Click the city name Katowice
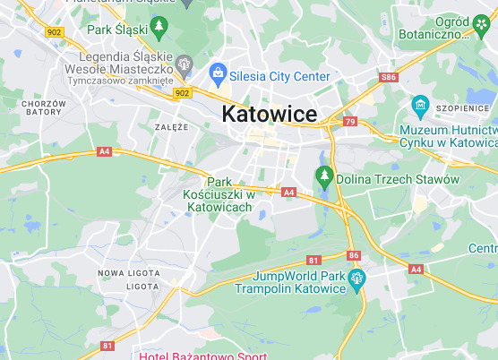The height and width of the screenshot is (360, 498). click(269, 115)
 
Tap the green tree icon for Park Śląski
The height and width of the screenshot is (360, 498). click(159, 29)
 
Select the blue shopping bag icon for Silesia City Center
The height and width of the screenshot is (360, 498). click(217, 73)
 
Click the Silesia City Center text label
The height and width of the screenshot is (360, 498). click(279, 77)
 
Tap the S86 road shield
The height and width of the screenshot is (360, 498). click(388, 79)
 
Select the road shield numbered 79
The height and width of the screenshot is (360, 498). click(349, 121)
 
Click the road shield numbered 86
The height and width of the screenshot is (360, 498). click(354, 255)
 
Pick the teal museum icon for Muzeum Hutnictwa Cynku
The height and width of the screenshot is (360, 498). click(419, 107)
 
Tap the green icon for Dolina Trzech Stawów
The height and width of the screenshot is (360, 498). click(324, 174)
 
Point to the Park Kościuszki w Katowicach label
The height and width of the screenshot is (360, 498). click(219, 193)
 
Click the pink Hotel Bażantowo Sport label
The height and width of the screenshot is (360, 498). click(202, 355)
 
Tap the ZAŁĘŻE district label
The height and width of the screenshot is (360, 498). click(171, 127)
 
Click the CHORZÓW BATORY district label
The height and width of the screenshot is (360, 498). click(44, 108)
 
